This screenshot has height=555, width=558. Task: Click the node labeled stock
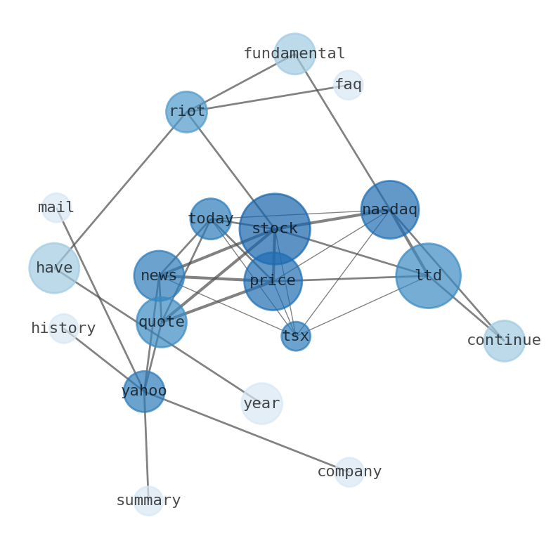click(274, 229)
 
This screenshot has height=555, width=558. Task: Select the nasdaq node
click(389, 209)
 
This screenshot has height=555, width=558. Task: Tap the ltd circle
click(428, 275)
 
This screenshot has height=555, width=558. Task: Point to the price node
click(273, 281)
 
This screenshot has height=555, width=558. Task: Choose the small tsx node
click(296, 336)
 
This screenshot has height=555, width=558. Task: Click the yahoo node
click(144, 391)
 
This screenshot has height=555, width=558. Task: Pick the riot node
click(186, 112)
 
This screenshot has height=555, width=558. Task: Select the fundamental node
click(294, 53)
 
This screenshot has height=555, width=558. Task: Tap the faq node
click(348, 85)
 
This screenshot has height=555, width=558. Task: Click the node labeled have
click(54, 268)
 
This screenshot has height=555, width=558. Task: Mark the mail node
click(56, 208)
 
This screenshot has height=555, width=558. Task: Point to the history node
click(63, 328)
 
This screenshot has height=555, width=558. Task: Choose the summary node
click(148, 501)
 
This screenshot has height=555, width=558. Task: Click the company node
click(349, 472)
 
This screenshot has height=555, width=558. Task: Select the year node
click(261, 403)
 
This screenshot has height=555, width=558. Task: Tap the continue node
click(504, 341)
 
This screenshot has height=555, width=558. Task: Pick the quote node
click(161, 322)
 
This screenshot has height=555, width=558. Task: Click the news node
click(159, 275)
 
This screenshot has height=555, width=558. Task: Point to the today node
click(210, 218)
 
